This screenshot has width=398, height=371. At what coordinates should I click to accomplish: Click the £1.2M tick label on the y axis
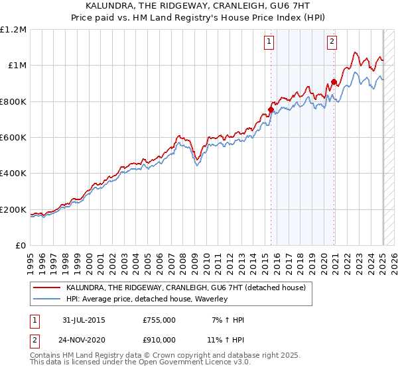(13, 29)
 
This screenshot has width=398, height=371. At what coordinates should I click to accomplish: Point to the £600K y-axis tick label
(13, 138)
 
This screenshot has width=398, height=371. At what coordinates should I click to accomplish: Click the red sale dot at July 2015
(271, 109)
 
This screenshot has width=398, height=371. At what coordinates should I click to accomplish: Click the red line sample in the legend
(46, 288)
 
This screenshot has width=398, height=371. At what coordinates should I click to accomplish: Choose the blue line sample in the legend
(46, 299)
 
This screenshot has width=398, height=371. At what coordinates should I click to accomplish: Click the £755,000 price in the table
(159, 320)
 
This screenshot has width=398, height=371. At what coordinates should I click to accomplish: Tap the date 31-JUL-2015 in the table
(84, 320)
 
